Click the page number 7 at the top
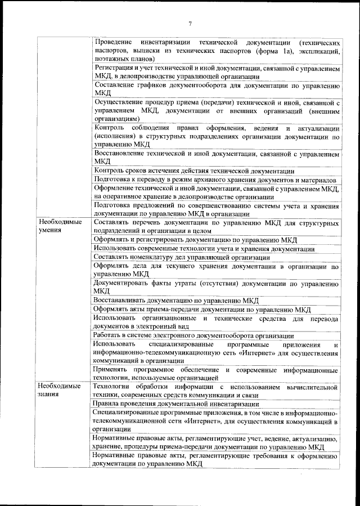point(190,23)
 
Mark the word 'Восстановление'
point(123,154)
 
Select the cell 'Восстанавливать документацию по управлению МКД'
point(176,300)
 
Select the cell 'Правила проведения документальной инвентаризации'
point(176,404)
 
